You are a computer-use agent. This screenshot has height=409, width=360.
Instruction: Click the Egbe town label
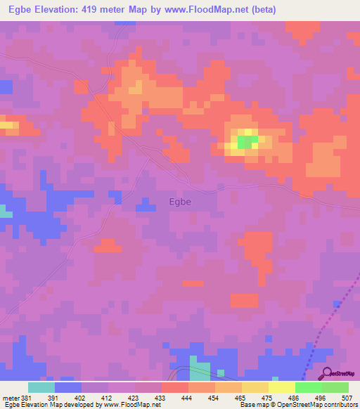(x=180, y=202)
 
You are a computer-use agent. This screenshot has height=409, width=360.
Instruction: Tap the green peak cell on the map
(x=246, y=142)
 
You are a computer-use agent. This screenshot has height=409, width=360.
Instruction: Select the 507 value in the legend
(x=346, y=397)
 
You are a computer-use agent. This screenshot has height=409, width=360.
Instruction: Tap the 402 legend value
(x=81, y=397)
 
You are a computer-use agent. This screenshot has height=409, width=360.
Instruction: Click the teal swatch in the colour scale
(x=41, y=387)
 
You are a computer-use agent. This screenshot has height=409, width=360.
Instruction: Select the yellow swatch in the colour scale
(x=281, y=387)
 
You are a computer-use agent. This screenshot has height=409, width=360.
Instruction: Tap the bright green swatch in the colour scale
(x=308, y=387)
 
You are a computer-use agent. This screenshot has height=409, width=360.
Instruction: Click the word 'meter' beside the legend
(x=10, y=397)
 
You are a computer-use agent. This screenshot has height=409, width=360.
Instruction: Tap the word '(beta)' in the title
(x=262, y=10)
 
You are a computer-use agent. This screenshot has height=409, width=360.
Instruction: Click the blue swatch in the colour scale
(x=68, y=387)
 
